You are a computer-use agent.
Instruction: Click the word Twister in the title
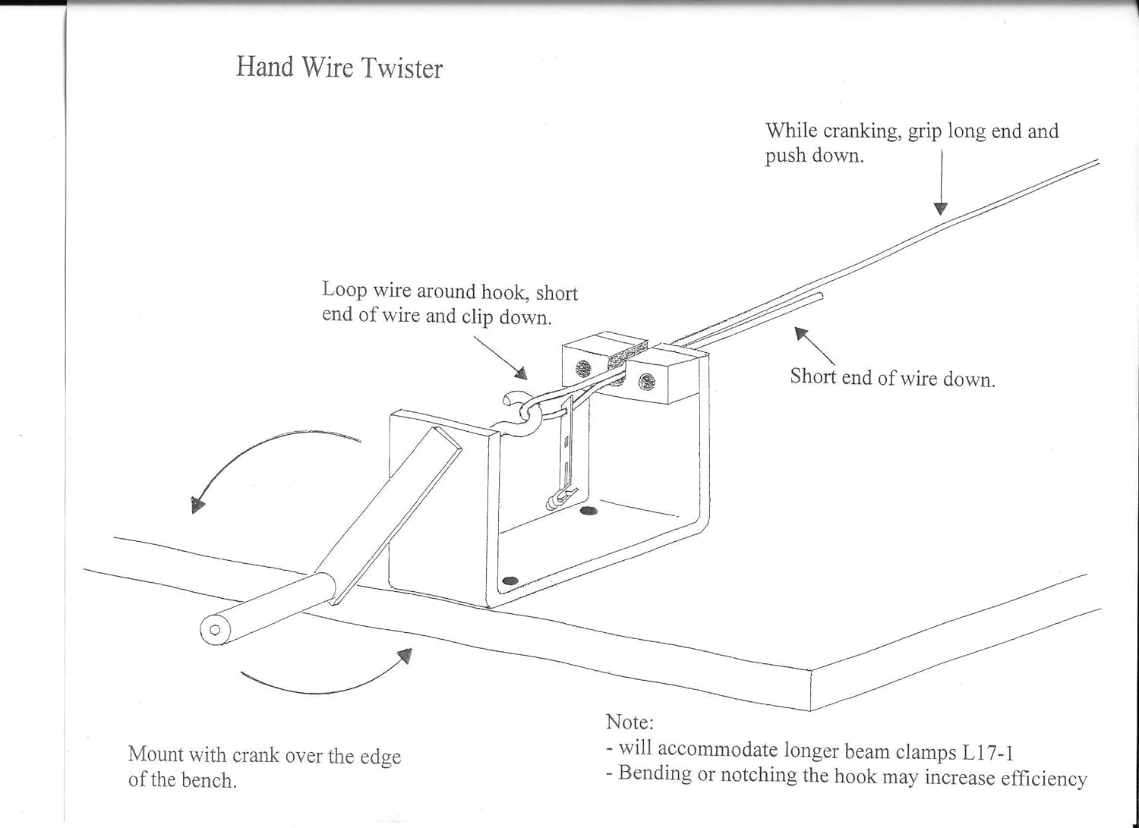402,68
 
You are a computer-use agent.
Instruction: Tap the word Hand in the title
264,66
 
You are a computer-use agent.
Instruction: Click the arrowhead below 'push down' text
941,208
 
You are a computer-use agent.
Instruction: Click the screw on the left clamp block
583,369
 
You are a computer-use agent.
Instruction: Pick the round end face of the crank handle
214,629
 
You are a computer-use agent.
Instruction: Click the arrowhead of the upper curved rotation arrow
197,505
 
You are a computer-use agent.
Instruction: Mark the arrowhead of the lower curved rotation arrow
405,655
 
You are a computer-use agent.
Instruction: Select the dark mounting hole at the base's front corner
510,581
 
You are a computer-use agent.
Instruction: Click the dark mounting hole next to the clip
588,513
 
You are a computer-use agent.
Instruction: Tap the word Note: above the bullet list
629,722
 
